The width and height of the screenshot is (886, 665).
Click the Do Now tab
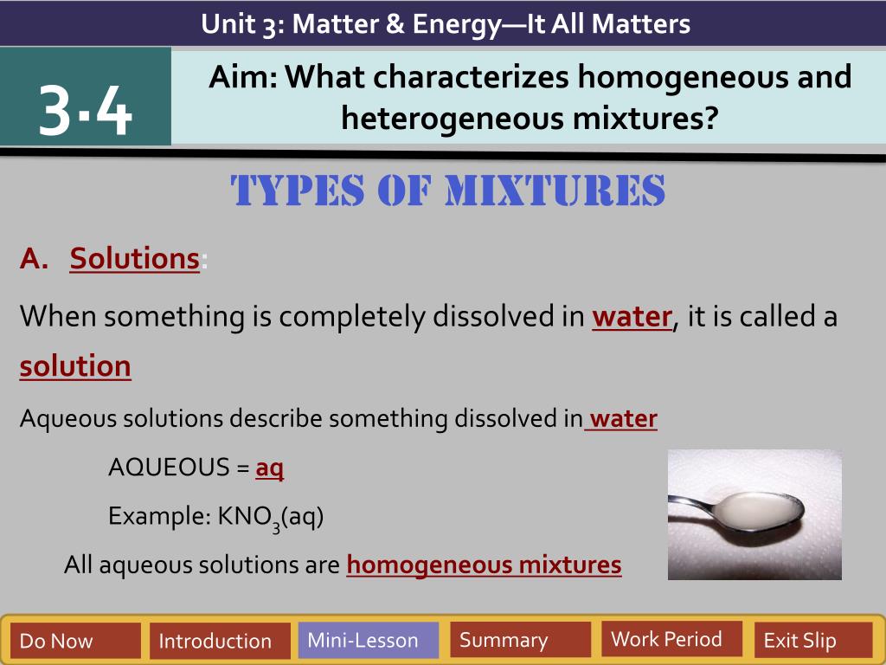[75, 640]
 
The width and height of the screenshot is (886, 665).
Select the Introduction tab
[220, 640]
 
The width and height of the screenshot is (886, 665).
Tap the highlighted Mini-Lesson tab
[369, 640]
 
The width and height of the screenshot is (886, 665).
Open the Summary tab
[520, 639]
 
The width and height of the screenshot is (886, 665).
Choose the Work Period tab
[671, 638]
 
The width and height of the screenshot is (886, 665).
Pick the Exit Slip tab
[813, 640]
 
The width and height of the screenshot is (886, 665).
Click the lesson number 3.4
[86, 110]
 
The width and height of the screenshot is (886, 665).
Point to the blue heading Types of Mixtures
[447, 190]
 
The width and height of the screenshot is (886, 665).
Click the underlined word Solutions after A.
[134, 258]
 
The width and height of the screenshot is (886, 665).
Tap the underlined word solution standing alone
[75, 366]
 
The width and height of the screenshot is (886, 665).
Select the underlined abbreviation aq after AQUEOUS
[270, 468]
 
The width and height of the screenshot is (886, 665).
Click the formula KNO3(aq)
[271, 517]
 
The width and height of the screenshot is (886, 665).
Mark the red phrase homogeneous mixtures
[484, 565]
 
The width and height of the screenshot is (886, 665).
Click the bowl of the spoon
[757, 511]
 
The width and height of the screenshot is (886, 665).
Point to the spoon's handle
[690, 502]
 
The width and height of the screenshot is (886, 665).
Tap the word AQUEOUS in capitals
[169, 468]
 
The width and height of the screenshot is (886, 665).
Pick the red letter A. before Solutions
[34, 259]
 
